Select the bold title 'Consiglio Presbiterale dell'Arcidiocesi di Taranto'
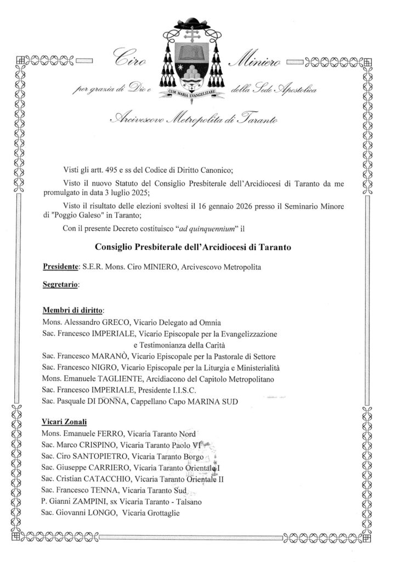point(193,248)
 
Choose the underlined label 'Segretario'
point(60,285)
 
